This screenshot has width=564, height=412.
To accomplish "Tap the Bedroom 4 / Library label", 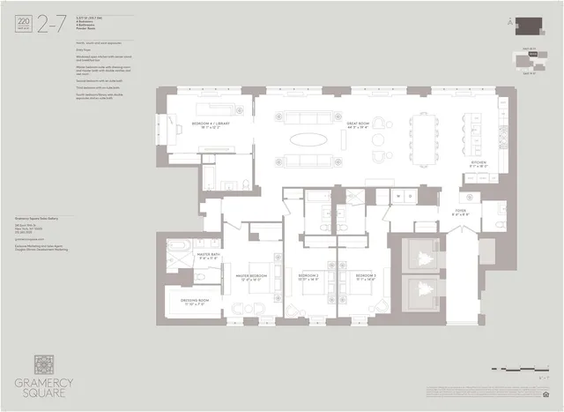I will [211, 126].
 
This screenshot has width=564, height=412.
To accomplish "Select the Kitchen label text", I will [479, 163].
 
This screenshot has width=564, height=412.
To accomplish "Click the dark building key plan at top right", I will [530, 26].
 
